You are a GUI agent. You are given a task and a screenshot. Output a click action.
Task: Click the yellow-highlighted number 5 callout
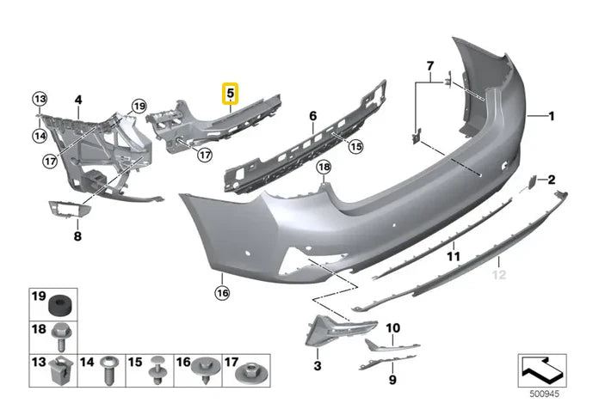click(x=232, y=92)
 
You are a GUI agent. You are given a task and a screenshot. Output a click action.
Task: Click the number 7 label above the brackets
click(x=429, y=65)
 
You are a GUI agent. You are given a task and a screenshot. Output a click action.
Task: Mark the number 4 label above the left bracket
click(x=77, y=101)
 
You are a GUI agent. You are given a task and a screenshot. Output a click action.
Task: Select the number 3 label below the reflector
click(x=318, y=366)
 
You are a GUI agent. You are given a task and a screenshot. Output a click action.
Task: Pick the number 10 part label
click(x=392, y=327)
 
